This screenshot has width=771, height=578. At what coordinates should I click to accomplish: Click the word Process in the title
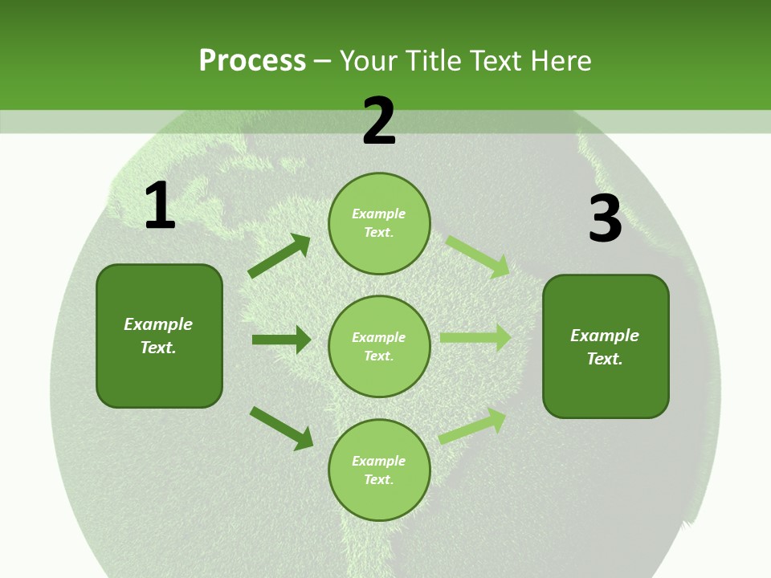point(252,60)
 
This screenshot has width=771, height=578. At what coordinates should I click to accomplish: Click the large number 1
point(159,206)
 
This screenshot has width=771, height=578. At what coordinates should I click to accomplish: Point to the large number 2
point(379,122)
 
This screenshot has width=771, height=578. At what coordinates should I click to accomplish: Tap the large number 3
point(605,219)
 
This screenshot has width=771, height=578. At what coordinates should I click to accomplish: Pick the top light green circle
point(379,223)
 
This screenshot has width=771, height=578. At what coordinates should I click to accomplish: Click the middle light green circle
point(379,346)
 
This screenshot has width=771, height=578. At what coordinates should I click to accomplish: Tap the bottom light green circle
point(379,470)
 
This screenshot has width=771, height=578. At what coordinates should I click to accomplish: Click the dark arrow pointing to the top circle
point(279,256)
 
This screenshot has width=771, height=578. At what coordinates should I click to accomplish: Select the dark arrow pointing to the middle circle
point(281,340)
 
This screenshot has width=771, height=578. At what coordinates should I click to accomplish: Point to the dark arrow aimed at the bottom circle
point(281,428)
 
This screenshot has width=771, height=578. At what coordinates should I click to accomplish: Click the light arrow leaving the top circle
point(478,256)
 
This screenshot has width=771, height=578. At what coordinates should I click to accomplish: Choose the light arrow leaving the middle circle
point(475,338)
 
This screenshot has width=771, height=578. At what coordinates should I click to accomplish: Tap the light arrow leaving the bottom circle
point(473,425)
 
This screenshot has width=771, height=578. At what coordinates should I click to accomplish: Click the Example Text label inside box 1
point(158,336)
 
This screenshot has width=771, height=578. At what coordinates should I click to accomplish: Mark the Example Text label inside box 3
point(605,347)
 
